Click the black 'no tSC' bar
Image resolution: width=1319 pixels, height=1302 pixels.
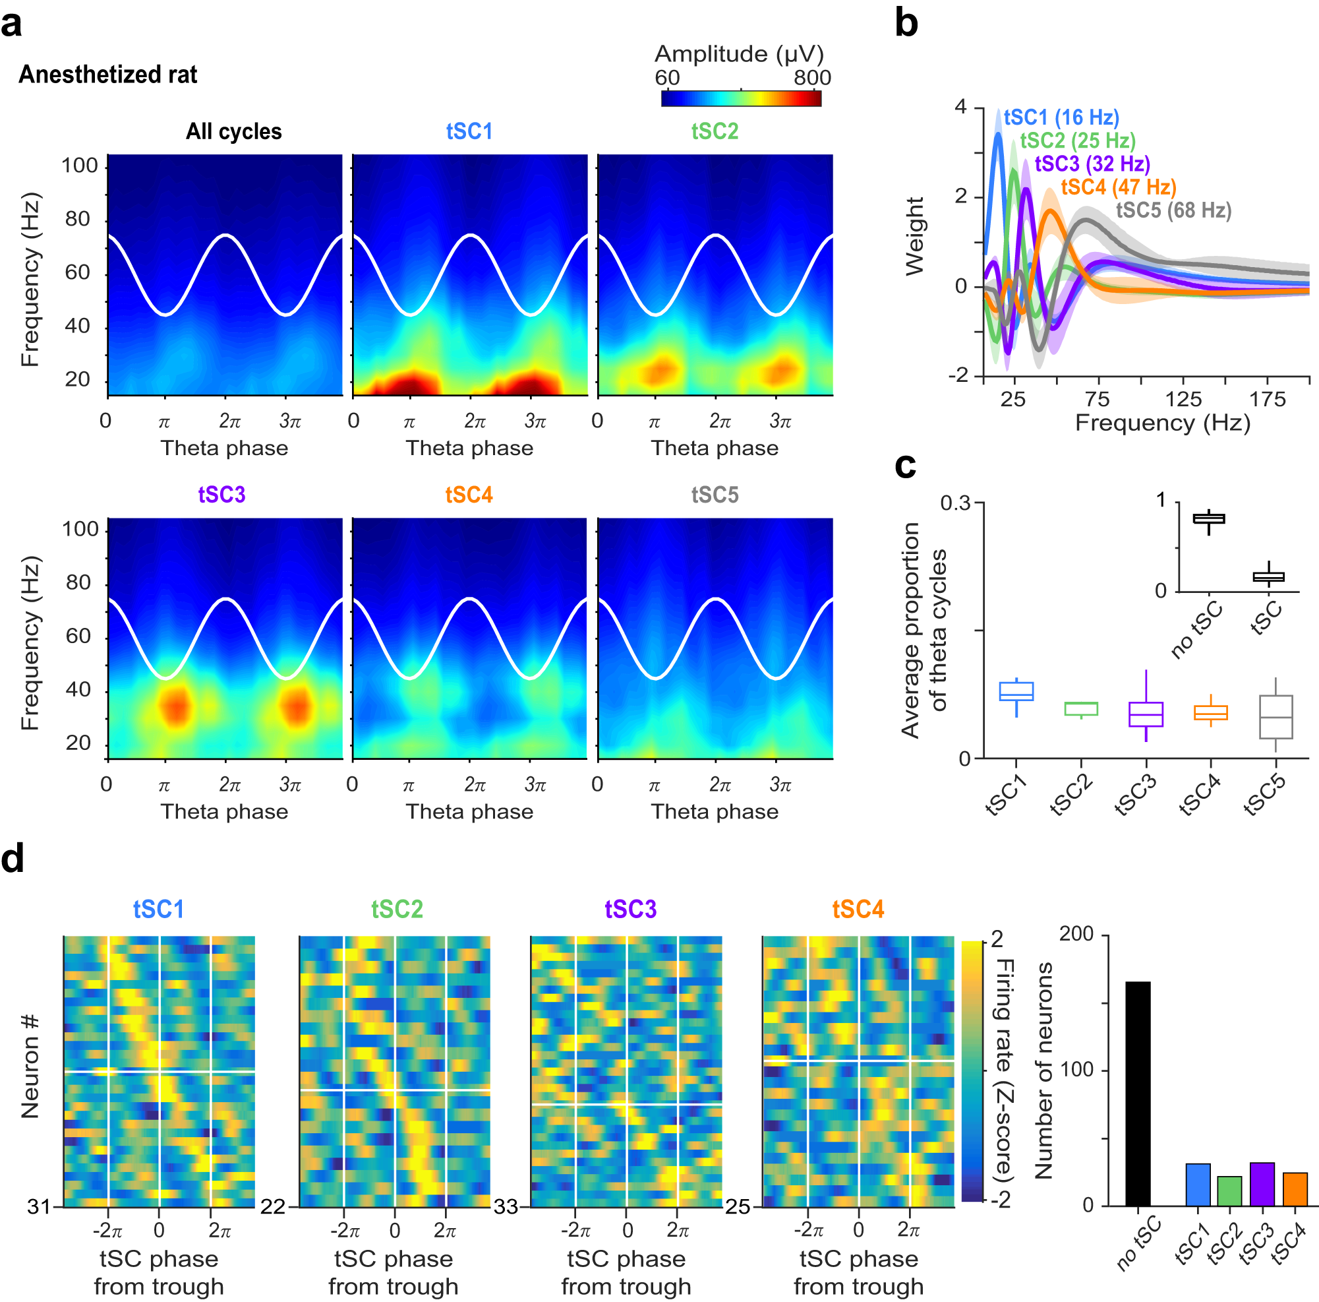[x=1138, y=1093]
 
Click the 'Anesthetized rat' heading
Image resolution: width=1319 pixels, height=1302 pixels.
[x=108, y=74]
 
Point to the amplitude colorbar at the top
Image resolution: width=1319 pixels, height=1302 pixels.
[x=741, y=98]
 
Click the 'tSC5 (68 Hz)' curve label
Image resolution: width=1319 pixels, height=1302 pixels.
[x=1173, y=210]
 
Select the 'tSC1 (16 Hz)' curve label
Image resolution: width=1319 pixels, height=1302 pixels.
[x=1061, y=117]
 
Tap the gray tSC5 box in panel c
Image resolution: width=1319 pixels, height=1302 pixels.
[x=1275, y=716]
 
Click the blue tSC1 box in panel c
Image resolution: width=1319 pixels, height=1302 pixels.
[x=1016, y=691]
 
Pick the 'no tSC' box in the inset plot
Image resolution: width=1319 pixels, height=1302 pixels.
[x=1208, y=518]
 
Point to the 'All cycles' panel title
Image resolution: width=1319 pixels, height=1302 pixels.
[x=233, y=131]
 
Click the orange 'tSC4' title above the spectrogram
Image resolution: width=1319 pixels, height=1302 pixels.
[x=469, y=494]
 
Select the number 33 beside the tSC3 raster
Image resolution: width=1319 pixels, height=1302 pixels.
[x=506, y=1206]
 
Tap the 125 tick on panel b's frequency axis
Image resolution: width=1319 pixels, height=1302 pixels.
[x=1183, y=399]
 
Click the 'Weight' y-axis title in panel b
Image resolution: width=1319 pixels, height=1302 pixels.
[x=914, y=236]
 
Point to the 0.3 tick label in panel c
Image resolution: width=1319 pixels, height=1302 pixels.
[x=954, y=503]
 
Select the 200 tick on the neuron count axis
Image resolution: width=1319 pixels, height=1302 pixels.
[x=1076, y=933]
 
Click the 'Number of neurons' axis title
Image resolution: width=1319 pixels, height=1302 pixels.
[x=1043, y=1070]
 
